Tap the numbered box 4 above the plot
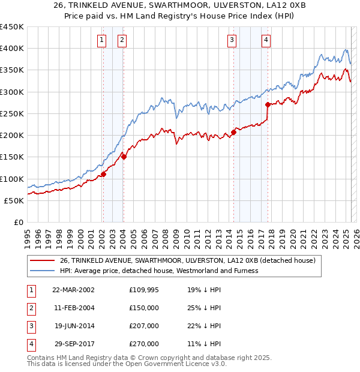[265, 40]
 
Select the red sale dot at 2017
[268, 104]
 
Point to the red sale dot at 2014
[233, 132]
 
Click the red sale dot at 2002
[103, 174]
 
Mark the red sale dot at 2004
[123, 157]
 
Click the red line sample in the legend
[42, 260]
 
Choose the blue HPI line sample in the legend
[42, 271]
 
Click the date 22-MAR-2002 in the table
[73, 290]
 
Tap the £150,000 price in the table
[144, 308]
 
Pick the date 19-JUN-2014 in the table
[74, 326]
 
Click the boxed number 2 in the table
[30, 308]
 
